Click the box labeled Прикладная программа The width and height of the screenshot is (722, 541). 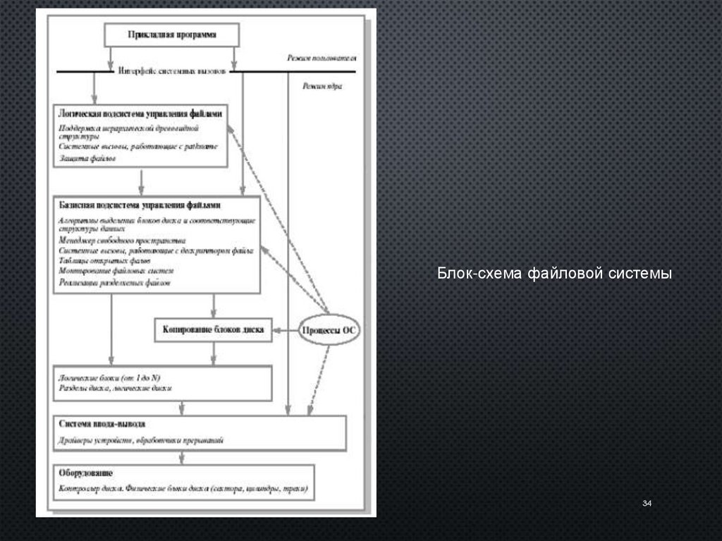(x=172, y=34)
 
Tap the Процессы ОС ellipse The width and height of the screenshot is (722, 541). (x=329, y=330)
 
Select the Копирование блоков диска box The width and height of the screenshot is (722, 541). (x=213, y=329)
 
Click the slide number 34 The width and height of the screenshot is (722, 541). (x=647, y=503)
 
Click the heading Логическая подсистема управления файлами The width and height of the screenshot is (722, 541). (x=142, y=113)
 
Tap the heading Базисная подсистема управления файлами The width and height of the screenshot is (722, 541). (x=141, y=205)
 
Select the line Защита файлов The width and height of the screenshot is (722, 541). (x=87, y=159)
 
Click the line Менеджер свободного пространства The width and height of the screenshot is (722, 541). (x=122, y=240)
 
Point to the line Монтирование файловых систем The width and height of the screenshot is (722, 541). (x=116, y=271)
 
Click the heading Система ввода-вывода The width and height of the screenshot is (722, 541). (x=103, y=425)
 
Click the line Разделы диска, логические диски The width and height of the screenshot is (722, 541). (x=116, y=388)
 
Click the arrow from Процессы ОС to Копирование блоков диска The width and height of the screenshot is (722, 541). (x=286, y=330)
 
